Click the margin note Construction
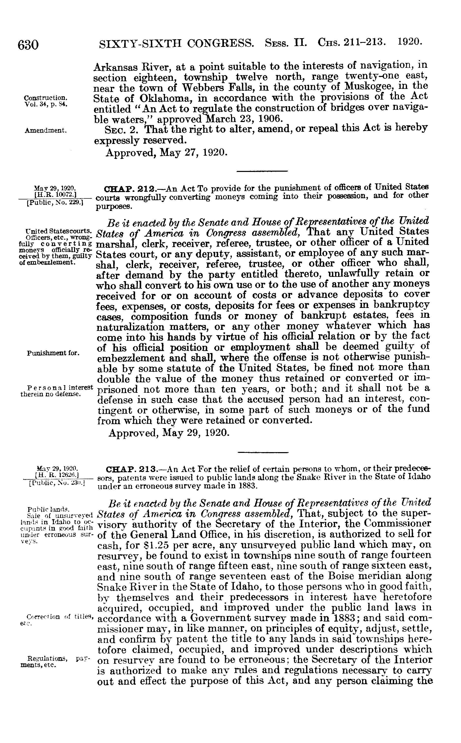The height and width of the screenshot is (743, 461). (46, 98)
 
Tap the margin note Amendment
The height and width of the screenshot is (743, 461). (46, 131)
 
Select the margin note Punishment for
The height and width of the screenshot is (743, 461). (53, 353)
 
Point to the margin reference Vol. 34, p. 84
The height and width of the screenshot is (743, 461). (46, 104)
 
